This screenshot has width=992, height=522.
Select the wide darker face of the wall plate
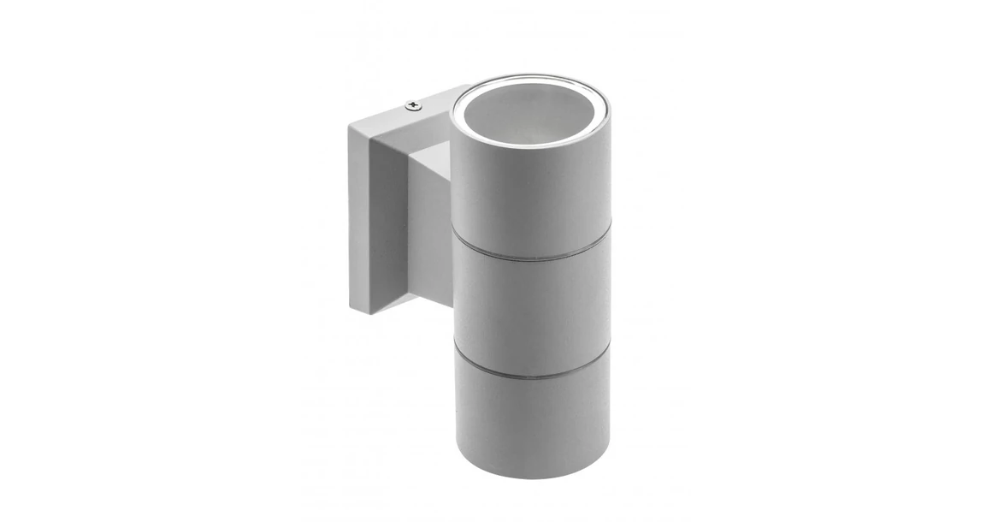[x=385, y=231]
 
